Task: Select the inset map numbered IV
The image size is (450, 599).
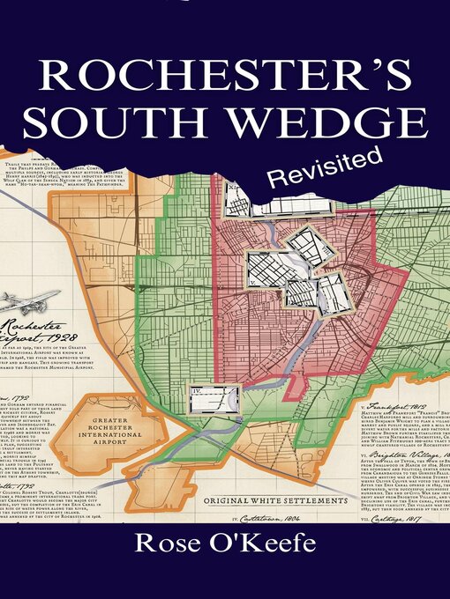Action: [x=214, y=398]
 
